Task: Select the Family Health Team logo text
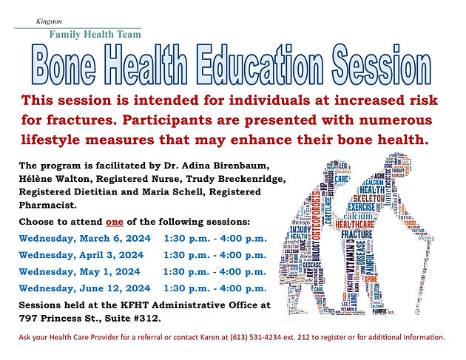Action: [95, 34]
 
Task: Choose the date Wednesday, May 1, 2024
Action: [80, 271]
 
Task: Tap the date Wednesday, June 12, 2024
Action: [85, 288]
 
